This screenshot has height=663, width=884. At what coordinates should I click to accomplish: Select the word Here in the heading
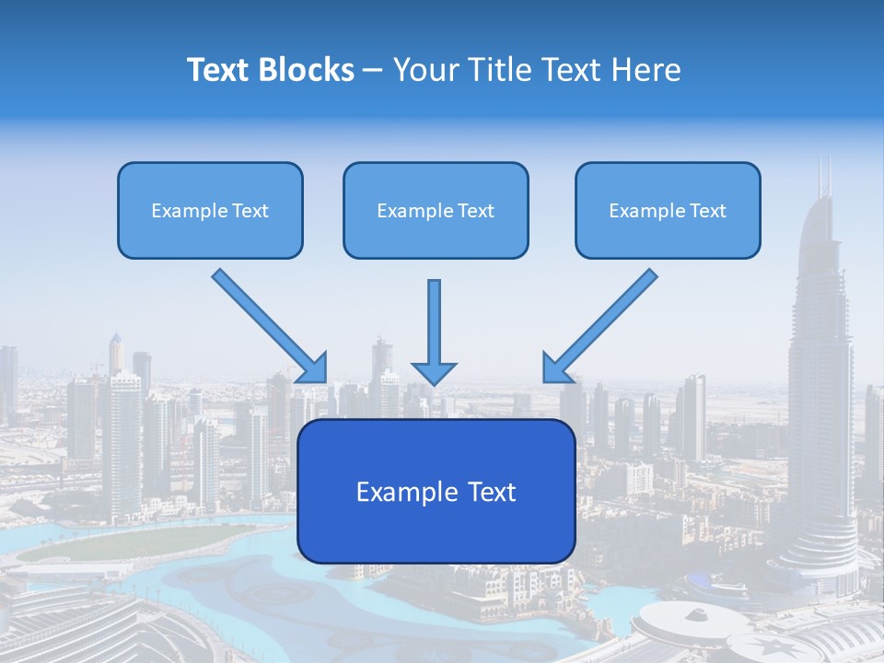[648, 70]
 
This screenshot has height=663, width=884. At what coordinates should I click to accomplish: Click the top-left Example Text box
[210, 210]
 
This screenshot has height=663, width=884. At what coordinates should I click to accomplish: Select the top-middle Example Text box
[436, 210]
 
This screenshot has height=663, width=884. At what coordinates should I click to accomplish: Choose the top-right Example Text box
[668, 210]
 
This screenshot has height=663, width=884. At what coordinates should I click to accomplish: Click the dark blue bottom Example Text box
[436, 491]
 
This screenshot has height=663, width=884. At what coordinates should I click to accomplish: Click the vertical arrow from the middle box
[434, 322]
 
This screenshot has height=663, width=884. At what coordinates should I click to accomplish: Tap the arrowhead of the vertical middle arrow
[434, 373]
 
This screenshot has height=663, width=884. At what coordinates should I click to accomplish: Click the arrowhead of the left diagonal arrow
[313, 368]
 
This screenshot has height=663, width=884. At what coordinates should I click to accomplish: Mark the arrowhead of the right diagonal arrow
[557, 367]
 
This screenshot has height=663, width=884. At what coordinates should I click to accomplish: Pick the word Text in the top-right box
[707, 211]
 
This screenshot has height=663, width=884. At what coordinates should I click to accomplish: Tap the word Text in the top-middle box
[475, 211]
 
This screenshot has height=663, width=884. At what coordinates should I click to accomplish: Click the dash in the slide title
[373, 71]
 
